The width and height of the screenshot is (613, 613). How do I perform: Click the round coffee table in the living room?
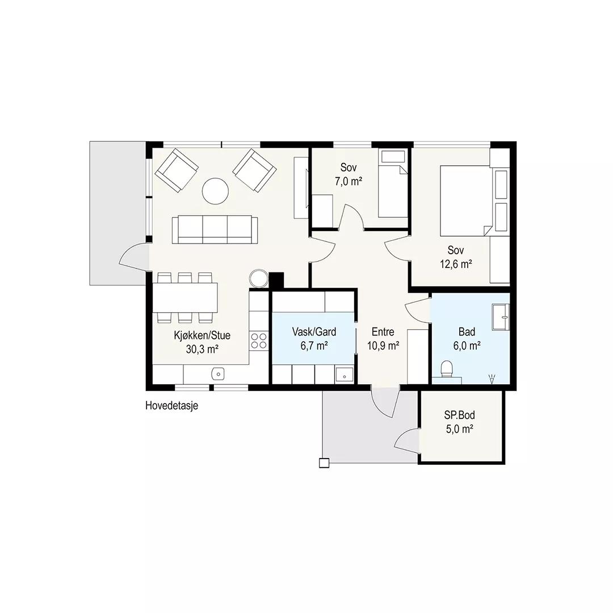pos(215,191)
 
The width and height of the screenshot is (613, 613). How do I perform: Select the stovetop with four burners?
pos(259,340)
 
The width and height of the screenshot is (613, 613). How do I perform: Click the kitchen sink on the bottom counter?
pos(218,374)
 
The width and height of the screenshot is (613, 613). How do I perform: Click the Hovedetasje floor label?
pos(171,405)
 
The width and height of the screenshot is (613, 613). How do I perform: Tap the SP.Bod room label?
pos(459,414)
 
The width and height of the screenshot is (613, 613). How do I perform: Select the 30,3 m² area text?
pos(202,349)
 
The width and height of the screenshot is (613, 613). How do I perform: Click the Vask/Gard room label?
pos(314,332)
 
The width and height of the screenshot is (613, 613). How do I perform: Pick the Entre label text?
pos(383,332)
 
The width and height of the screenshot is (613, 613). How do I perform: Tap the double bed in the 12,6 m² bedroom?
pos(465,201)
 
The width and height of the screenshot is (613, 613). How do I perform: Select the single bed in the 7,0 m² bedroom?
pos(393,184)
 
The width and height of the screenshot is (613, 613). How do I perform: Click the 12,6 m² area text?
pos(456,264)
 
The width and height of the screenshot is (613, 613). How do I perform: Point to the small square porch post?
pos(324,463)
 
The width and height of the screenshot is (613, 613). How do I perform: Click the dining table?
pos(185,297)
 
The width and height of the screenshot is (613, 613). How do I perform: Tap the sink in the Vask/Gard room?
pos(345,375)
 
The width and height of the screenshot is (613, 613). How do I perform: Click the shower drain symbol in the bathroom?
pos(492,379)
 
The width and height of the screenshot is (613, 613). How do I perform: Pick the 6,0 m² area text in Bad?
pos(467,346)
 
